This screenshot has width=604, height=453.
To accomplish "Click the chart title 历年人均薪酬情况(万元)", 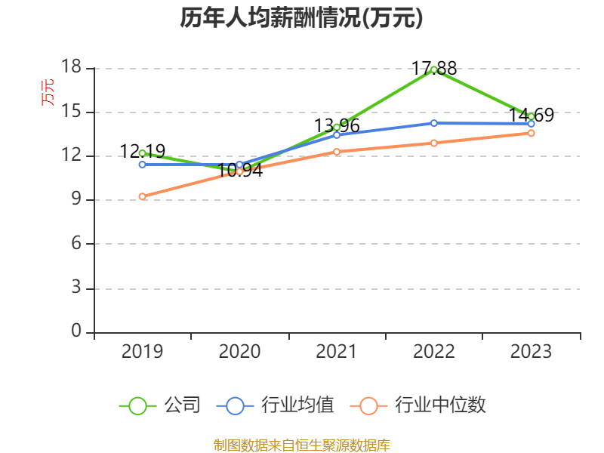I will click(301, 18).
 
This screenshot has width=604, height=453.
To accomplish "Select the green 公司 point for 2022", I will click(434, 69).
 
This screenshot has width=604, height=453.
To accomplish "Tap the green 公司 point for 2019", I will click(142, 153).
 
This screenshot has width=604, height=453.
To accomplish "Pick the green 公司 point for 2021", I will click(337, 128).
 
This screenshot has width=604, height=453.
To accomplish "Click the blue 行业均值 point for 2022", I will click(434, 123).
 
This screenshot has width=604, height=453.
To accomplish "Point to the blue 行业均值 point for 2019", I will click(142, 165).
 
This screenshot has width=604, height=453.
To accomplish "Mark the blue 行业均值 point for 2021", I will click(337, 135).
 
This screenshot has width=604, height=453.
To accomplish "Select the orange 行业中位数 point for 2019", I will click(142, 196).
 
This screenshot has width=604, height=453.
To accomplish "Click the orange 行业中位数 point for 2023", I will click(531, 133).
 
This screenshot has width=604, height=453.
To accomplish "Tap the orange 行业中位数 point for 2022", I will click(434, 143).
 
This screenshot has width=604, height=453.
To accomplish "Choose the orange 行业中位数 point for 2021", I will click(337, 152).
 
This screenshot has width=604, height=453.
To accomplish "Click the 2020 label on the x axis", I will click(239, 352).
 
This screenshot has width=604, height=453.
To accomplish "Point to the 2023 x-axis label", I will click(531, 352).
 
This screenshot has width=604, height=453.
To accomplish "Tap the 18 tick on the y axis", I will click(71, 68).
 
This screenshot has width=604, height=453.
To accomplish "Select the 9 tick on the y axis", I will click(75, 200).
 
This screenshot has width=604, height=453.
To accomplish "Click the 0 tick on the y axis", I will click(75, 331).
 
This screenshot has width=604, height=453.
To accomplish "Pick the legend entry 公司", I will click(161, 405).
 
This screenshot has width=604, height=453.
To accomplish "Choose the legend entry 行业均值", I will click(276, 405).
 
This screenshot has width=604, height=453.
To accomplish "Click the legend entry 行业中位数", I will click(419, 405).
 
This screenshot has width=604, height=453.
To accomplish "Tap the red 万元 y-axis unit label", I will click(48, 92).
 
